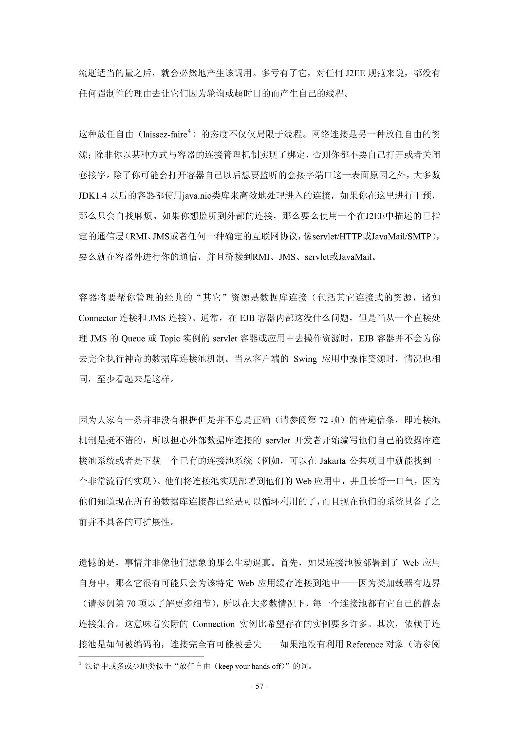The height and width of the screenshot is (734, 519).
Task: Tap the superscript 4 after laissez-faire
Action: pyautogui.click(x=189, y=131)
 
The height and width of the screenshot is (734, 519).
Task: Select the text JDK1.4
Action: pyautogui.click(x=92, y=196)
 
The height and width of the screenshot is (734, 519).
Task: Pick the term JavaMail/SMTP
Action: pyautogui.click(x=401, y=237)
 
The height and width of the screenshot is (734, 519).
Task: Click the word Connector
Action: pyautogui.click(x=98, y=318)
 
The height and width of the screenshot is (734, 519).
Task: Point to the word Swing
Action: pyautogui.click(x=305, y=359)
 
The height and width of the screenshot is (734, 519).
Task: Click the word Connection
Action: pyautogui.click(x=214, y=624)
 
